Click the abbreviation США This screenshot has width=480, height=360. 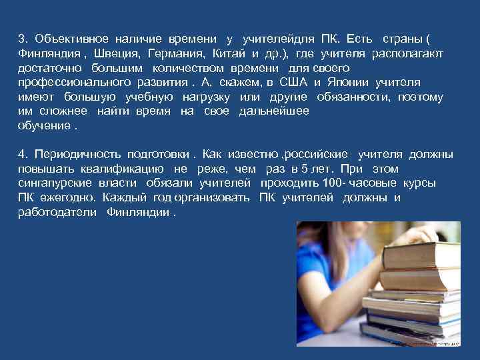[x=293, y=83]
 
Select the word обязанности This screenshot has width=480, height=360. [x=359, y=97]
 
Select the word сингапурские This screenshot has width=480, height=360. [x=54, y=183]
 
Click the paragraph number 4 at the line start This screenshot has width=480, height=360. [x=21, y=155]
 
